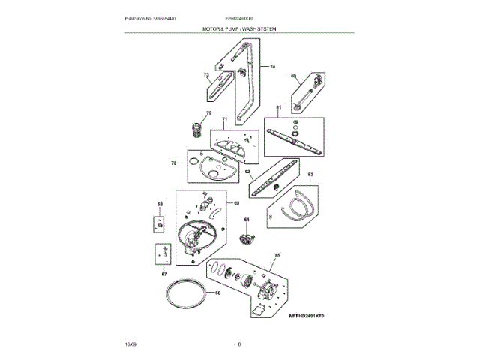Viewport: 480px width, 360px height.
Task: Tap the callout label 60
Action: click(x=294, y=76)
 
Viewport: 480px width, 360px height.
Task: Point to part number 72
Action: click(x=199, y=113)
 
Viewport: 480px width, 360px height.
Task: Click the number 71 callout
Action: click(x=224, y=120)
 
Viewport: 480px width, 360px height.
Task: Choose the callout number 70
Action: click(x=173, y=163)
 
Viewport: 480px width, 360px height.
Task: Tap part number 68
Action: click(x=160, y=204)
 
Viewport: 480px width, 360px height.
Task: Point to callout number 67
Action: click(x=163, y=274)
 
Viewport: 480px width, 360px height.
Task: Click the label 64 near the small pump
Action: click(x=245, y=220)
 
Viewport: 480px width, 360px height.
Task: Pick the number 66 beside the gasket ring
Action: click(x=218, y=292)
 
